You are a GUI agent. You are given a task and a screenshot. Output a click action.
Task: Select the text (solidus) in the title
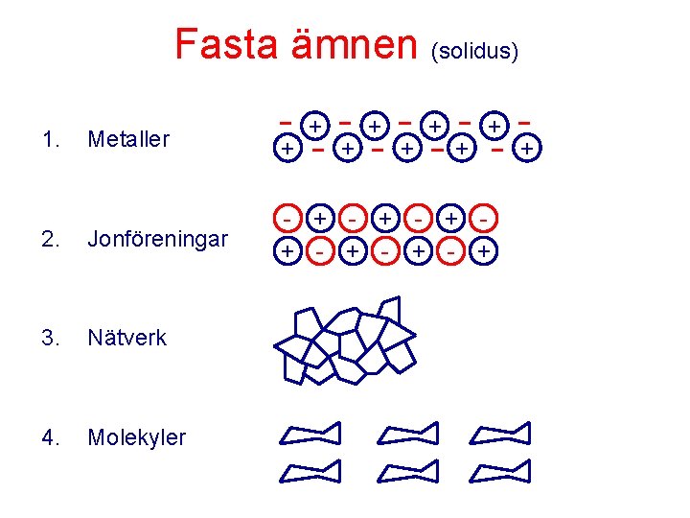tap(477, 50)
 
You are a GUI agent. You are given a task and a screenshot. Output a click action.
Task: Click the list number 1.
tap(52, 139)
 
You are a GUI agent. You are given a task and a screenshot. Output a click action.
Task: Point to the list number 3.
tap(52, 338)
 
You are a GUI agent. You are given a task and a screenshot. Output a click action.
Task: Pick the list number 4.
tap(52, 437)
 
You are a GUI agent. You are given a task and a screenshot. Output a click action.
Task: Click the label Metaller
tap(127, 139)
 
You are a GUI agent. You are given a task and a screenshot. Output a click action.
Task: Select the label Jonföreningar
tap(157, 239)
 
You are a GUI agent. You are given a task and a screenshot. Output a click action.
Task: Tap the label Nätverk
tap(126, 338)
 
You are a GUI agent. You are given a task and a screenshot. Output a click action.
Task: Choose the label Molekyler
tap(136, 437)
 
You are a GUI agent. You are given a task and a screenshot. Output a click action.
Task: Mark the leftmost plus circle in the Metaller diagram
tap(286, 149)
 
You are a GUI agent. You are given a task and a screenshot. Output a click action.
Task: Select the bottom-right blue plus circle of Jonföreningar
tap(486, 251)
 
